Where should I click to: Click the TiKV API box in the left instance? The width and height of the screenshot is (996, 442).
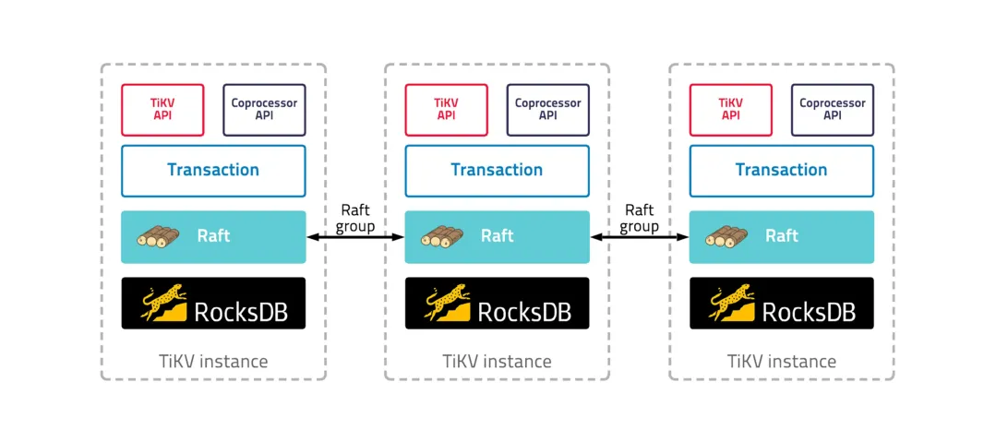point(162,110)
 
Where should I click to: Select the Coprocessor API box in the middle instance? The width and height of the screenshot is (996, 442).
point(547,110)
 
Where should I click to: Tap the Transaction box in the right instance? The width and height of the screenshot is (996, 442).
point(781,170)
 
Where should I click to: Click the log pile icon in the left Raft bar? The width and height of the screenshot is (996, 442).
point(157,236)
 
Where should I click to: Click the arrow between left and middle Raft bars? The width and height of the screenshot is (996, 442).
point(355,237)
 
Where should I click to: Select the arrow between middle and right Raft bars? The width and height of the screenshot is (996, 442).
point(640,237)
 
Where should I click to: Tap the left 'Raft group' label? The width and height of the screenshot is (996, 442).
point(355,218)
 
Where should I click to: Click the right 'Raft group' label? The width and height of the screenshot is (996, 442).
point(640,218)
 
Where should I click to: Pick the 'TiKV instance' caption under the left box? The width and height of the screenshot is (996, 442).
point(213,361)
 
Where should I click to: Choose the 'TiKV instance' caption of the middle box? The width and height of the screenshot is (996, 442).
point(498,361)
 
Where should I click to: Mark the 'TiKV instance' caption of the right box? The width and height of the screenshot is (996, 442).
point(782,361)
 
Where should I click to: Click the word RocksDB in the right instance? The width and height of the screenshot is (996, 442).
point(809,312)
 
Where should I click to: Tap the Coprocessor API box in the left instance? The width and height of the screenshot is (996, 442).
point(264,110)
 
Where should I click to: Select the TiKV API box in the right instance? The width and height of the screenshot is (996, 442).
point(730,110)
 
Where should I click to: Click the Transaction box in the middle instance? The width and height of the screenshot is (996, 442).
point(497,170)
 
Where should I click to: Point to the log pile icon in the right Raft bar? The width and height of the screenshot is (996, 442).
point(726,236)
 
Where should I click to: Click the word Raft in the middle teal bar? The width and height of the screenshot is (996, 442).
point(498,236)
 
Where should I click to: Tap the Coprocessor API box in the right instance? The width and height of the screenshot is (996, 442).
point(832,110)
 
